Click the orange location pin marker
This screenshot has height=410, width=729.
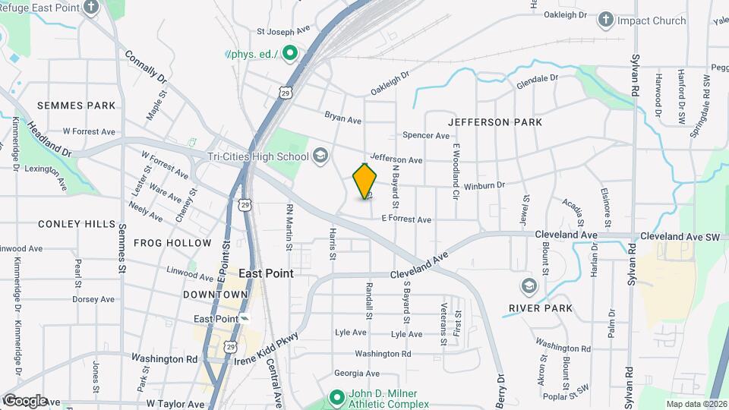point(365,181)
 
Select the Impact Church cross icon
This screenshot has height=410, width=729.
point(606,19)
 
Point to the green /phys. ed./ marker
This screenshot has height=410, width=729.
point(289,53)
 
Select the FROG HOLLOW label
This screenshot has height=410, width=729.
point(172,243)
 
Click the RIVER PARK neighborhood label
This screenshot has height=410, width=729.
point(541,307)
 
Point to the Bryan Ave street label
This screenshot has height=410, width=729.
point(343,118)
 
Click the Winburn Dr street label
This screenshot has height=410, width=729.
point(484,184)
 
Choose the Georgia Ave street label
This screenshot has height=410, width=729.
point(356,373)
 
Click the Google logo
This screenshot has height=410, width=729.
point(24,401)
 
